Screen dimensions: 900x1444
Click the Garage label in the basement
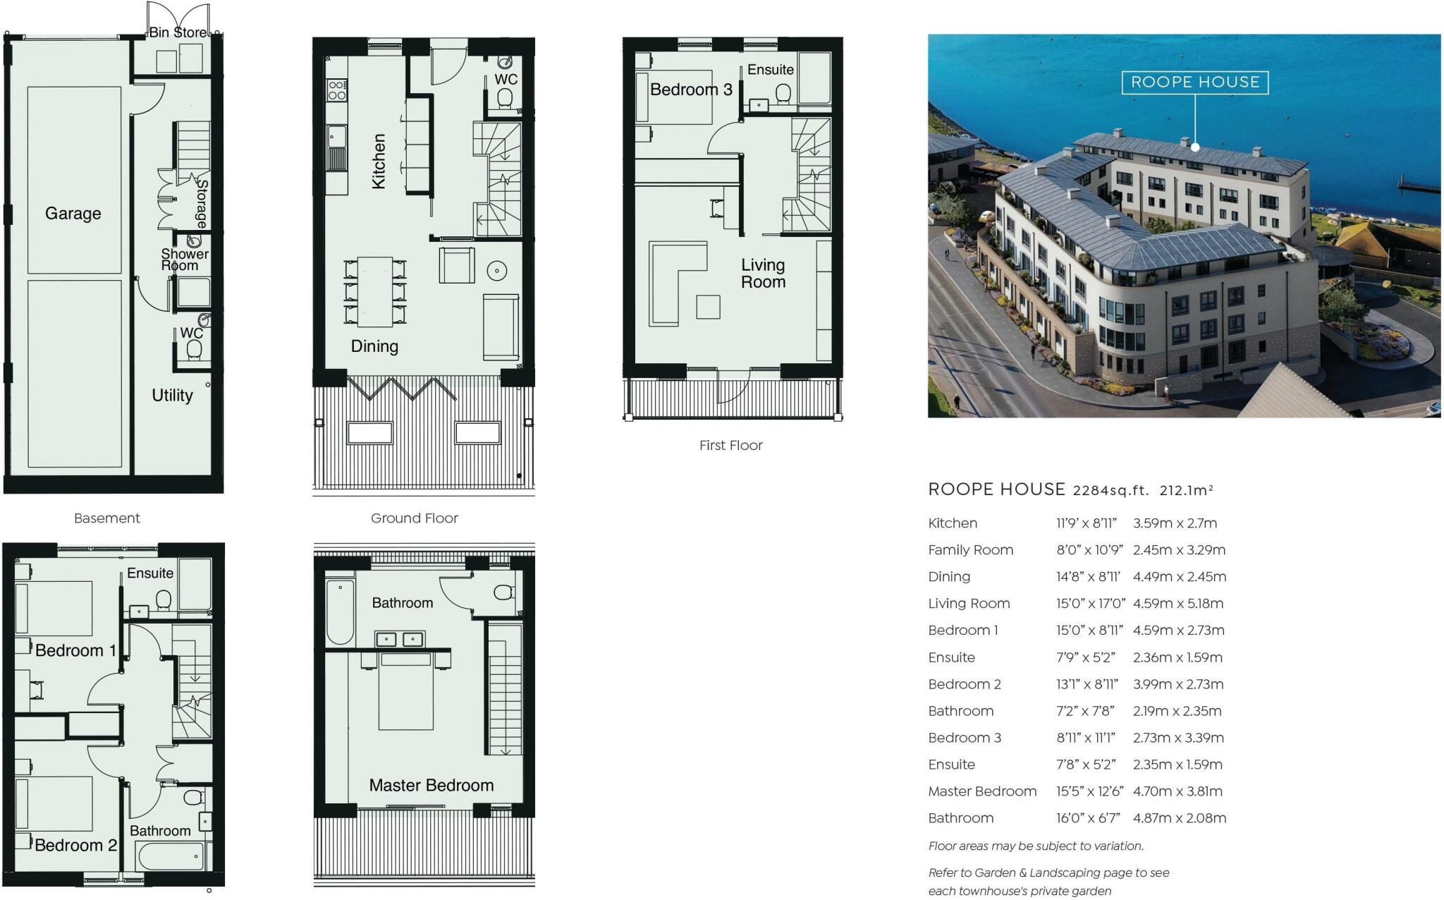[73, 213]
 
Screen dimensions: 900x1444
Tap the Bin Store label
[178, 32]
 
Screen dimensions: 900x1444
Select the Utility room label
[172, 395]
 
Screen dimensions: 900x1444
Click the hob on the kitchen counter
[337, 90]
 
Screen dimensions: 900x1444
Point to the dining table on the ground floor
[375, 291]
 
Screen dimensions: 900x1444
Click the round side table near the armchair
[497, 271]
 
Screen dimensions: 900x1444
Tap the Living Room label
[763, 273]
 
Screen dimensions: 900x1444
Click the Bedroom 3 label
[690, 90]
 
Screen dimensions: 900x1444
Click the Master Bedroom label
[431, 785]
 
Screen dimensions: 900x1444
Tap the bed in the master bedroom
[405, 691]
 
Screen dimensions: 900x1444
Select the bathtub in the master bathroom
[340, 612]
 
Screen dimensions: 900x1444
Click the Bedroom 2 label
[75, 845]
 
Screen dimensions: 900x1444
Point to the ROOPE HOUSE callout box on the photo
[1194, 82]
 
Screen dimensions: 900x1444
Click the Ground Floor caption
[414, 518]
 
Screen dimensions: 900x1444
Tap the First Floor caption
[730, 445]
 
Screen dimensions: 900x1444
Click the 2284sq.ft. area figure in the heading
[1110, 490]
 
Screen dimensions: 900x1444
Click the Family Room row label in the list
[970, 550]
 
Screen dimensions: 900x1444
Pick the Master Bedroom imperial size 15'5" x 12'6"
[1089, 791]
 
